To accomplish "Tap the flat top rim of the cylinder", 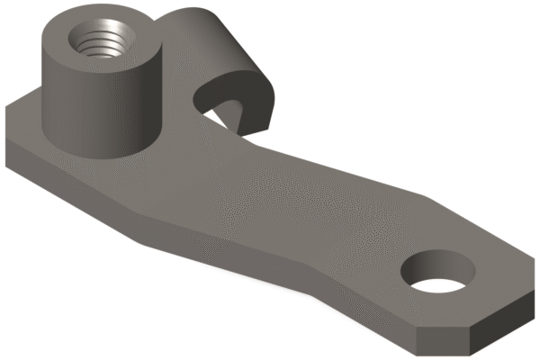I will (66, 30).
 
